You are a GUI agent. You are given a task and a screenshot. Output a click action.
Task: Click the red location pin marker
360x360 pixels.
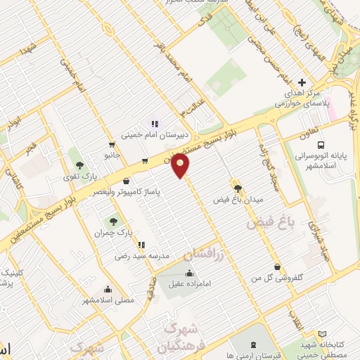[181, 166]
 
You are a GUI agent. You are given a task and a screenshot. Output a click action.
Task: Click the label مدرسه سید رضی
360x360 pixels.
[144, 257]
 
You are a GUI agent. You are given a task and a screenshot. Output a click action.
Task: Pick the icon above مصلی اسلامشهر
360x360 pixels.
[107, 288]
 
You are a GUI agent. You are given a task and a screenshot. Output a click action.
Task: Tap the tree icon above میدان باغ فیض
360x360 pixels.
[238, 188]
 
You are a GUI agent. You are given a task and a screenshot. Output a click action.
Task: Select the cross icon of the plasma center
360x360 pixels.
[302, 82]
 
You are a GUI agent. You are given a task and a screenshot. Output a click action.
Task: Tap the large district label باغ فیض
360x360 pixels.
[268, 224]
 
